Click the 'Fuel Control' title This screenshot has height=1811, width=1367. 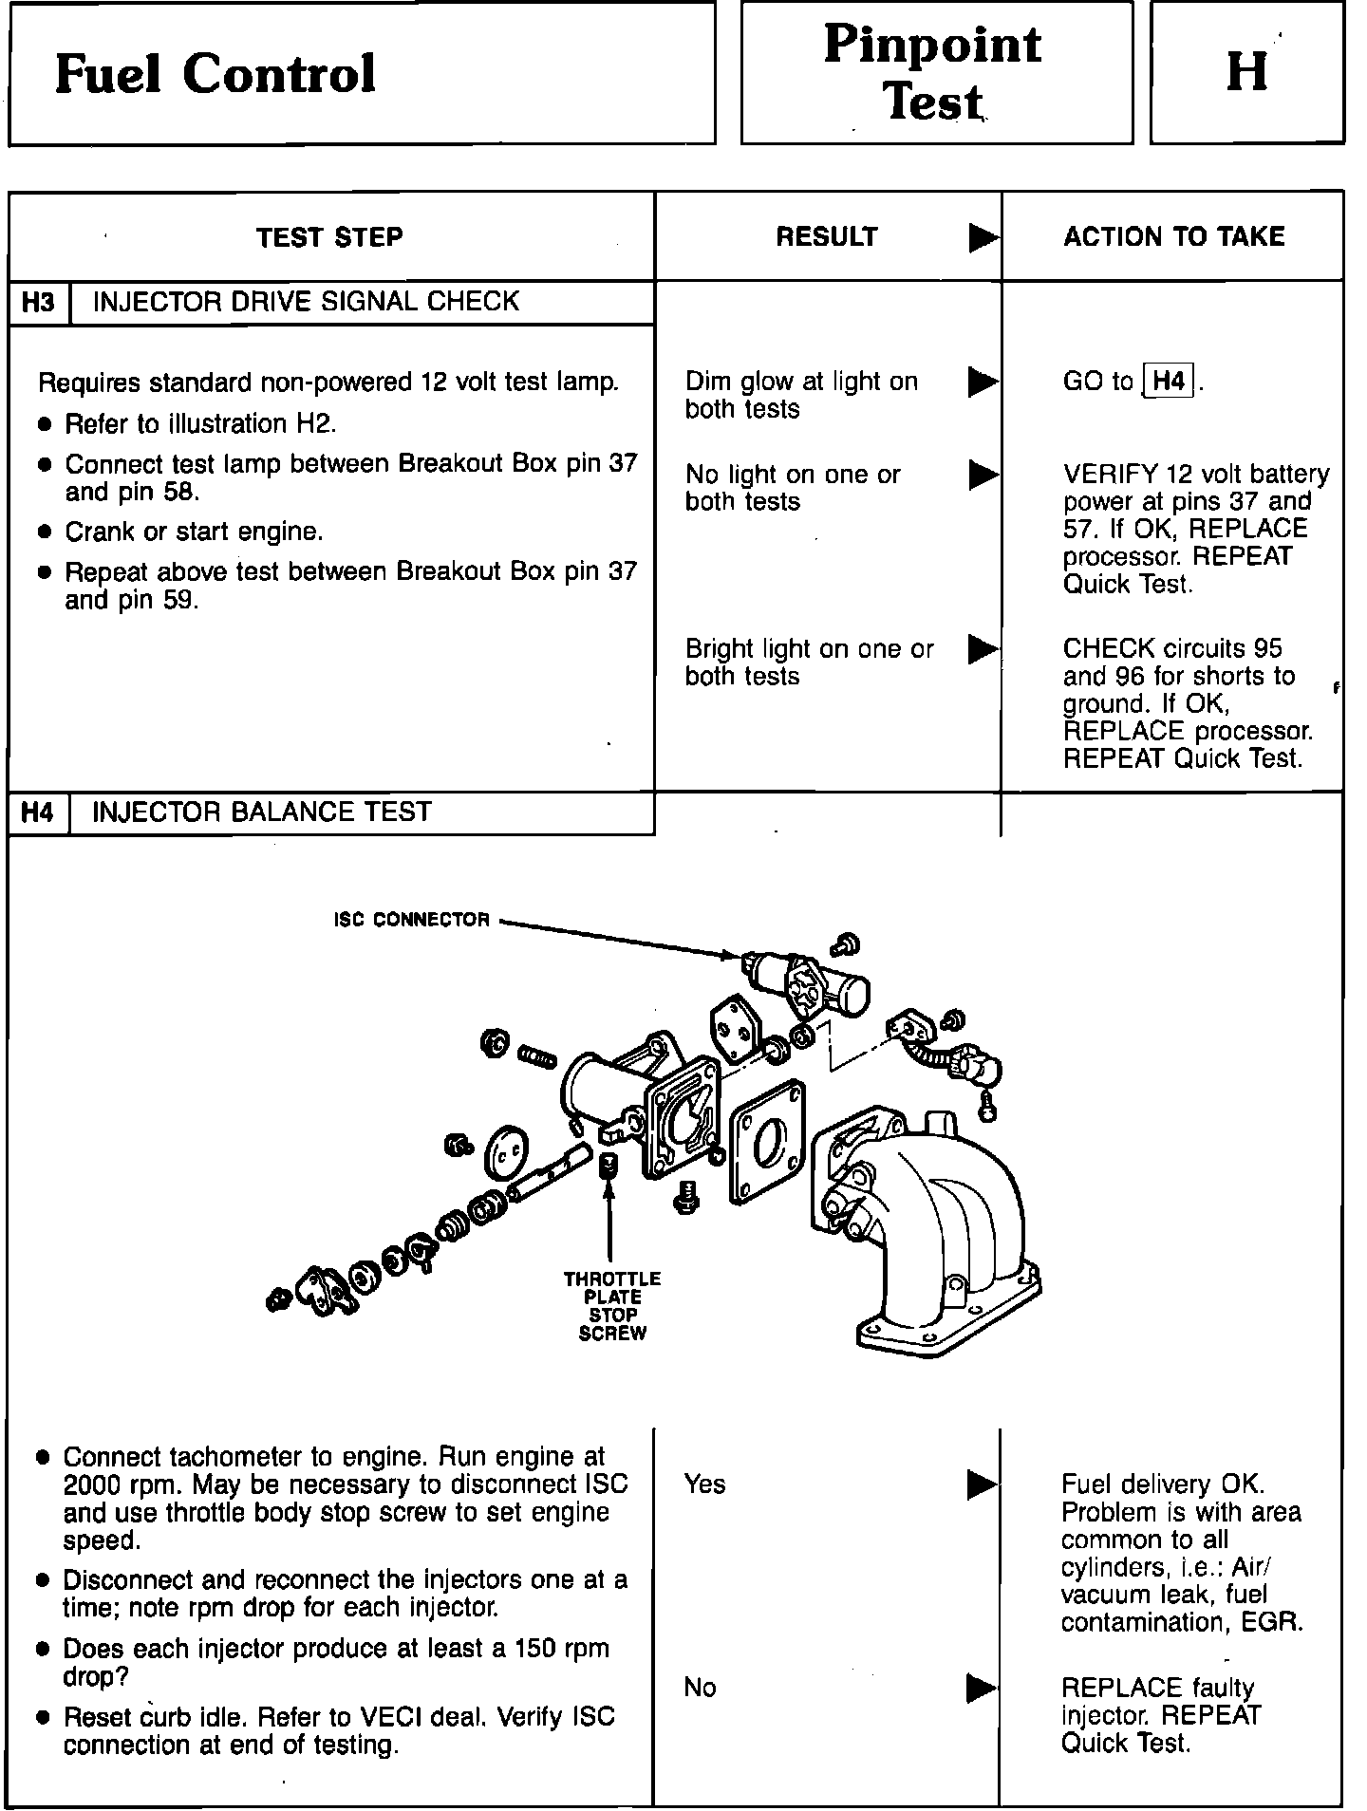tap(215, 73)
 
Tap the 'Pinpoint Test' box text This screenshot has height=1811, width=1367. tap(933, 73)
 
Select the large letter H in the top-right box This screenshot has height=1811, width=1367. tap(1246, 71)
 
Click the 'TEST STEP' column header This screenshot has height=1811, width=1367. tap(329, 236)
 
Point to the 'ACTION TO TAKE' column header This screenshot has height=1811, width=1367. tap(1173, 236)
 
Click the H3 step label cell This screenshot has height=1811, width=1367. tap(38, 303)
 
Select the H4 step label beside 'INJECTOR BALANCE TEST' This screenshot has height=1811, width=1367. tap(38, 812)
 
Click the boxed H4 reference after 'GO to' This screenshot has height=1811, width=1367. tap(1169, 382)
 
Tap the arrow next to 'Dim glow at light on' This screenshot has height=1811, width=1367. tap(983, 382)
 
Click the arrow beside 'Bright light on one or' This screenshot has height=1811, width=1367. tap(983, 649)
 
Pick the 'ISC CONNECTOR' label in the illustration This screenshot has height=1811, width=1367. tap(412, 920)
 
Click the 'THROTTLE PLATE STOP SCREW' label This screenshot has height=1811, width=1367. tap(612, 1306)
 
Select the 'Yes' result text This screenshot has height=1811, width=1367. tap(704, 1484)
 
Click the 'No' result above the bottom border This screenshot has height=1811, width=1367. tap(700, 1687)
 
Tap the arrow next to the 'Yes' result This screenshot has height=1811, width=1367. tap(982, 1484)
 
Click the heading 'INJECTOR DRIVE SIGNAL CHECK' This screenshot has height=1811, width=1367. tap(306, 302)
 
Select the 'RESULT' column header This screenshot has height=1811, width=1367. tap(827, 236)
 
